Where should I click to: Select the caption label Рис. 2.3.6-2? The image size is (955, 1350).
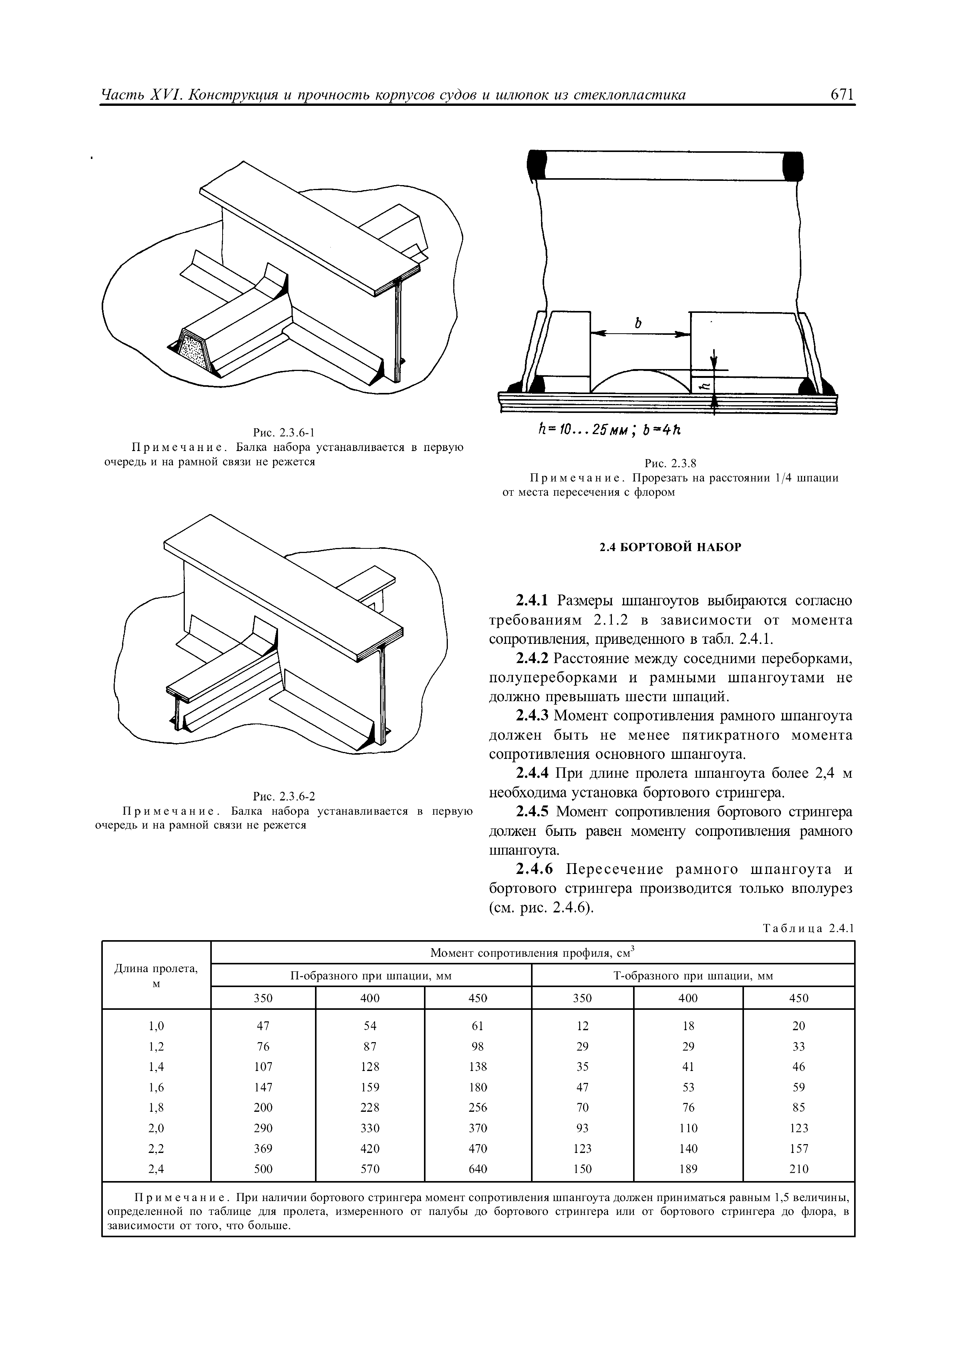point(284,797)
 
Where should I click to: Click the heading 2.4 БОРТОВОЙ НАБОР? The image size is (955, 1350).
point(670,547)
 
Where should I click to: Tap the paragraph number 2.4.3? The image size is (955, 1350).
point(532,716)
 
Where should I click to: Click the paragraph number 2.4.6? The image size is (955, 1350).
point(532,869)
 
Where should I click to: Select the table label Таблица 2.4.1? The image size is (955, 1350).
point(807,929)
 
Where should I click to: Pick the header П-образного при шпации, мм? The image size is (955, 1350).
point(371,976)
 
